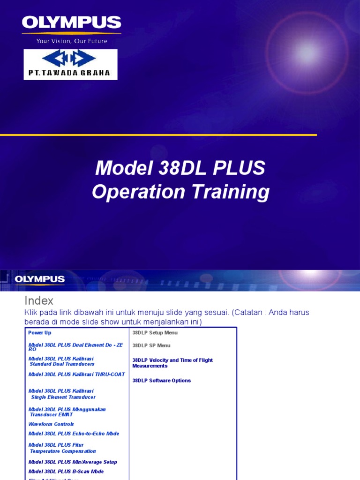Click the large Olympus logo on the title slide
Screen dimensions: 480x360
point(71,23)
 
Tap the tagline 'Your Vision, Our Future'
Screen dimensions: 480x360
point(72,41)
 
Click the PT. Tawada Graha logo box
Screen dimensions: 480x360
point(70,64)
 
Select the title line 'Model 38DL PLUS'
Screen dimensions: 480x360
point(180,168)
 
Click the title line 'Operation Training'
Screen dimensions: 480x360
point(180,192)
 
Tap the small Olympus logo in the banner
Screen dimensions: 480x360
point(40,280)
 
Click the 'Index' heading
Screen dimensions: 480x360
point(38,300)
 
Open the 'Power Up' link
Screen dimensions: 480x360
point(40,333)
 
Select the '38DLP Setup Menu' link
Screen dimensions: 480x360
point(155,333)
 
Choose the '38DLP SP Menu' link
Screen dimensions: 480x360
point(151,345)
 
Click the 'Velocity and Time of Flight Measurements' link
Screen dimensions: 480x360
point(172,363)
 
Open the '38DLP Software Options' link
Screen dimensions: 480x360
point(162,381)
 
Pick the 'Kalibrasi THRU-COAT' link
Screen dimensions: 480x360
point(77,375)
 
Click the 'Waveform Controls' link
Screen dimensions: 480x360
point(51,424)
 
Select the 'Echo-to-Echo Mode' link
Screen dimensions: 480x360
point(74,434)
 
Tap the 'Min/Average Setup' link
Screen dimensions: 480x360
point(73,462)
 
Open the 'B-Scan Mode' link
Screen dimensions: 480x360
point(66,472)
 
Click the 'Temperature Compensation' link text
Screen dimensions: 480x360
point(63,451)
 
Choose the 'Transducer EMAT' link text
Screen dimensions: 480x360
point(52,415)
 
